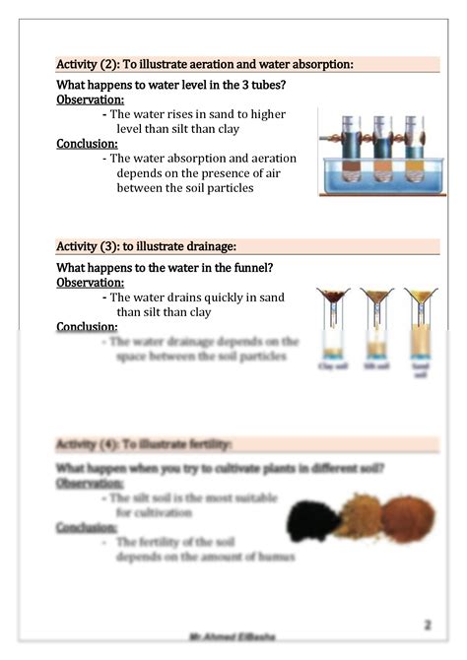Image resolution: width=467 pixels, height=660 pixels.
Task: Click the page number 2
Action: [428, 625]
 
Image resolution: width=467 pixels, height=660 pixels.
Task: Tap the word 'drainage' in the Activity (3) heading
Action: [205, 245]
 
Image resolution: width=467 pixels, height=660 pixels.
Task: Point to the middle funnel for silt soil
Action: [375, 297]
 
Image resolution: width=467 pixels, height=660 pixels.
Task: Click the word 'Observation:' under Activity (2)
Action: [90, 99]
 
